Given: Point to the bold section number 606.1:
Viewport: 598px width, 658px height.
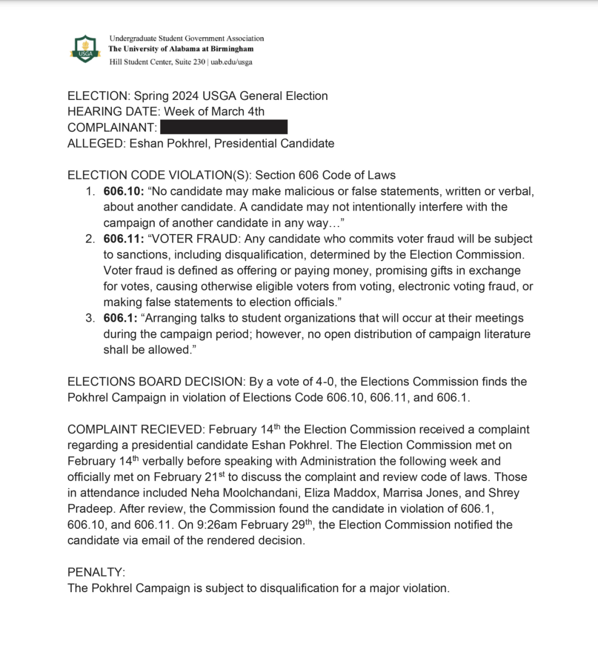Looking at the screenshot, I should pyautogui.click(x=121, y=318).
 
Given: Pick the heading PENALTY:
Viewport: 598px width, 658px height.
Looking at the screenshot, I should pyautogui.click(x=96, y=572).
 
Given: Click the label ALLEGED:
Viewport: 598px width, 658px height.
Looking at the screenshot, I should pyautogui.click(x=96, y=144).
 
